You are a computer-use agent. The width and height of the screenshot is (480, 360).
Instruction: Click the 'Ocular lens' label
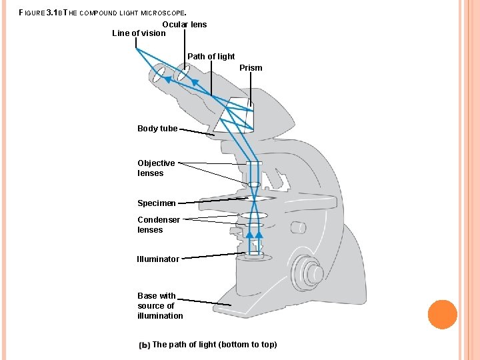click(x=185, y=25)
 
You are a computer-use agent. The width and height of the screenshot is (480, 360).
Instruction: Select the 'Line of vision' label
click(x=139, y=33)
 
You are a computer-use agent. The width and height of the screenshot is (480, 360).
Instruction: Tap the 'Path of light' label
click(x=211, y=57)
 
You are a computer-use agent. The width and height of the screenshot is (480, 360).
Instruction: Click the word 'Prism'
click(x=251, y=68)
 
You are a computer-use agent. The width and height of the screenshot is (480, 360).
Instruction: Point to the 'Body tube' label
click(x=157, y=129)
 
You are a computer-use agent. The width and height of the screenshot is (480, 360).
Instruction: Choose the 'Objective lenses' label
click(x=156, y=168)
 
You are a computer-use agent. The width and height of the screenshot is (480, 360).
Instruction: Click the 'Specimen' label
click(x=157, y=203)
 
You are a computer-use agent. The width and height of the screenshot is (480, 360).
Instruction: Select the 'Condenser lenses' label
click(x=158, y=225)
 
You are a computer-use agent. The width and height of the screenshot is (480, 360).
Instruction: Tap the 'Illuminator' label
click(x=158, y=259)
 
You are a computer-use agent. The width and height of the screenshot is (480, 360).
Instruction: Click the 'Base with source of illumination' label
click(x=160, y=305)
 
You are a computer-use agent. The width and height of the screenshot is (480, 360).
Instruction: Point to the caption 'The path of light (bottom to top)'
click(x=215, y=345)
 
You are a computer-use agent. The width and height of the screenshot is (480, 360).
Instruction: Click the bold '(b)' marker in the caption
click(x=144, y=345)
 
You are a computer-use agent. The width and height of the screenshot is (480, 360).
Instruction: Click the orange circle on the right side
click(x=442, y=315)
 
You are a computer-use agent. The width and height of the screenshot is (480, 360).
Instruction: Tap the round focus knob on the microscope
click(x=311, y=273)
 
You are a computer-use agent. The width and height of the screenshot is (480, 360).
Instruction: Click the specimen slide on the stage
click(x=253, y=199)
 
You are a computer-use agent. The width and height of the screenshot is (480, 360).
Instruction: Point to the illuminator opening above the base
click(x=253, y=255)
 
